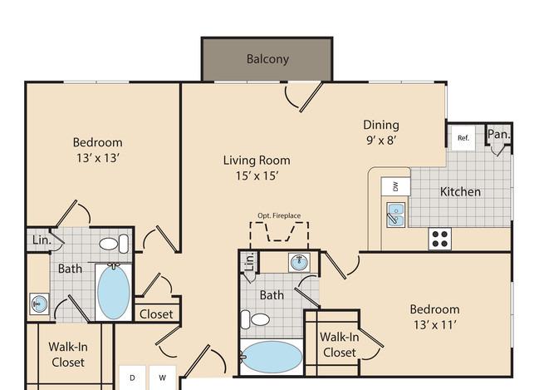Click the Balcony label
pos(267,59)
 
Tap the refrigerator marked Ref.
pos(463,138)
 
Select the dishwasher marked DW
pos(395,186)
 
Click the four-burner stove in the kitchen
pos(440,239)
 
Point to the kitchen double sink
pos(396,215)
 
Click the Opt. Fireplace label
pos(279,216)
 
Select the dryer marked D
pos(132,378)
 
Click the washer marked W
pos(162,378)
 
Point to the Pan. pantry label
pos(499,134)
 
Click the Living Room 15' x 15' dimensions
pos(257,176)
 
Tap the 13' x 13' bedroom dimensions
pos(98,158)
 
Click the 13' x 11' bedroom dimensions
pos(435,325)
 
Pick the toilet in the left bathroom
pos(114,244)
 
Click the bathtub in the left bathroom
pos(114,292)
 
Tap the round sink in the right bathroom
pos(299,263)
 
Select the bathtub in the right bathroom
pos(272,357)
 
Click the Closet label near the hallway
pos(156,314)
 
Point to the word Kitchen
pos(460,192)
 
